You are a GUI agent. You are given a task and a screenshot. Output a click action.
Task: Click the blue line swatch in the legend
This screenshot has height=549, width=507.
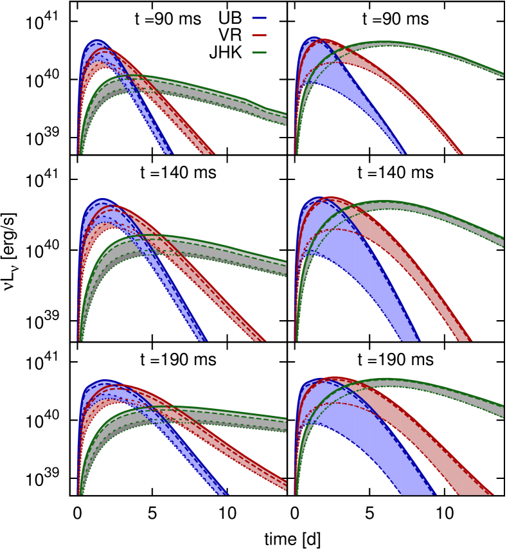coord(259,18)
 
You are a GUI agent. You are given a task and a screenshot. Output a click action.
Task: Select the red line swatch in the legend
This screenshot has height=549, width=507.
coord(259,35)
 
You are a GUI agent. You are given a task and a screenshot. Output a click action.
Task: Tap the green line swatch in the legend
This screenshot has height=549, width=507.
coord(259,53)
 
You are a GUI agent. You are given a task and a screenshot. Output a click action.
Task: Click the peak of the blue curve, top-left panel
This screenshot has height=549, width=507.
coord(97,41)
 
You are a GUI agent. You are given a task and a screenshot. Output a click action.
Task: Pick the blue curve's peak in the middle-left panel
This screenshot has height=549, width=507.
coord(103,199)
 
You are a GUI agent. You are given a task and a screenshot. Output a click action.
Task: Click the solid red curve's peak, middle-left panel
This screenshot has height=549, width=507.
coord(116,206)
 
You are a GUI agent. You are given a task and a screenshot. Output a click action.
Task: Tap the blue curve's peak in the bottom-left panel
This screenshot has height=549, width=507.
coord(105,381)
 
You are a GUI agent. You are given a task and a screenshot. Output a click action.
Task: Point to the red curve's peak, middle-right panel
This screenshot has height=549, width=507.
coord(331,197)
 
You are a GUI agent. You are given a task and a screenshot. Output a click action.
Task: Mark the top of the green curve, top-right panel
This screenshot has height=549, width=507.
coord(387,42)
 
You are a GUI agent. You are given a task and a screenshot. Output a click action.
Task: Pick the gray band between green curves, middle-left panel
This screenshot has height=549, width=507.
coord(193,247)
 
